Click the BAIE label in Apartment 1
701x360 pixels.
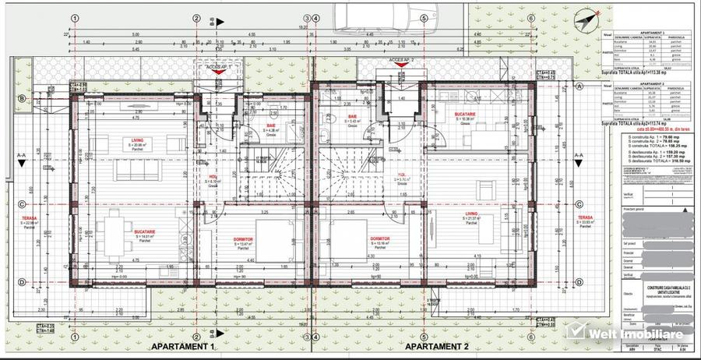pos(270,125)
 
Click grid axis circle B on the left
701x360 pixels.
pos(23,98)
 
